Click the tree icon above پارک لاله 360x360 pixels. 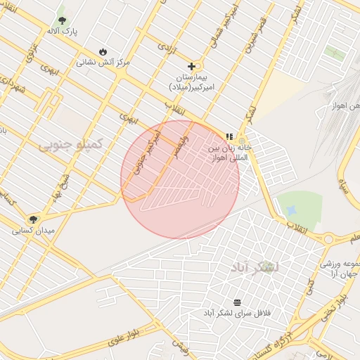click(x=62, y=20)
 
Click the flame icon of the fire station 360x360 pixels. click(x=103, y=51)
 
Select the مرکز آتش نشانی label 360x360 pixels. click(x=103, y=63)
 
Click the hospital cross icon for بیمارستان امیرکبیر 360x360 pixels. click(x=191, y=66)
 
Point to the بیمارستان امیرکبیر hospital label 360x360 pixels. click(x=191, y=81)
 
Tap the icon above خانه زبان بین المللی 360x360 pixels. click(x=229, y=136)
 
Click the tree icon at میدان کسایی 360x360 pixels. click(x=33, y=219)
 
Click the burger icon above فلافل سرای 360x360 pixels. click(x=237, y=302)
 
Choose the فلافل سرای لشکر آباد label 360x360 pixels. click(x=237, y=312)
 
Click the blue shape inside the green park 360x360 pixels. click(x=292, y=210)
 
